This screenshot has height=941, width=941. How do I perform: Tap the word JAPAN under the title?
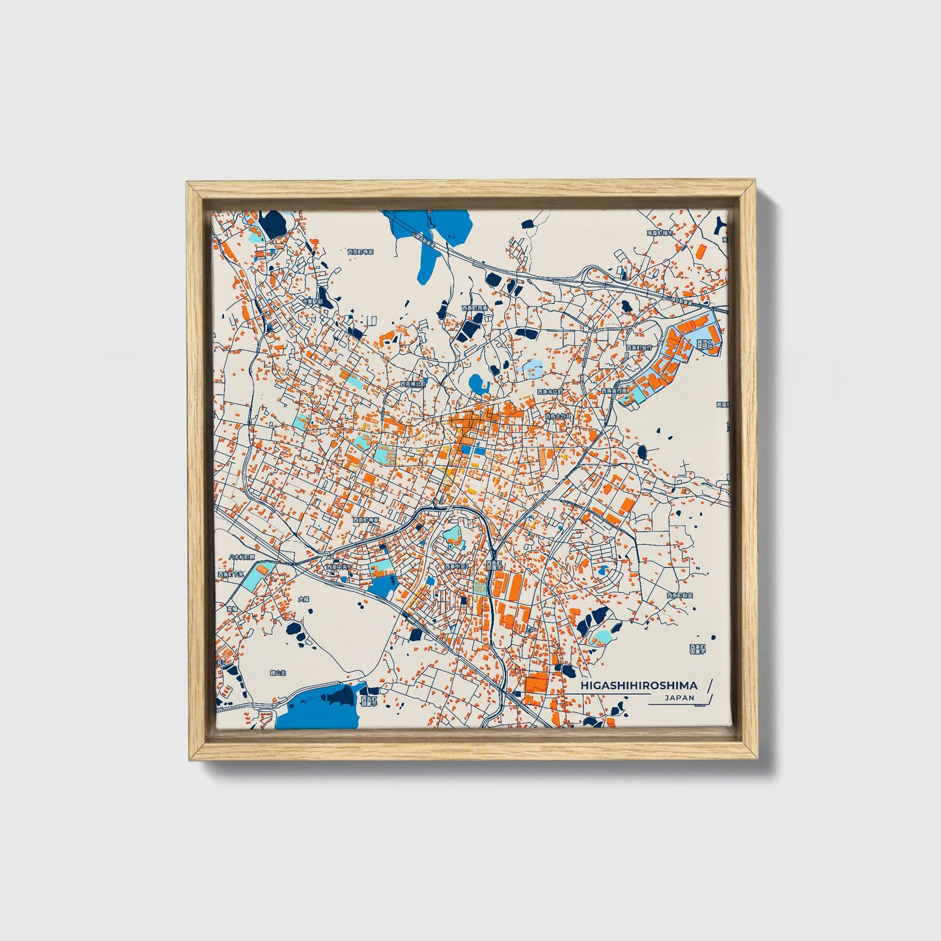click(x=679, y=697)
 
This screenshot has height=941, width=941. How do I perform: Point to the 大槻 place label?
click(x=303, y=598)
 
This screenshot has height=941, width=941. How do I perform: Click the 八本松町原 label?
click(x=242, y=558)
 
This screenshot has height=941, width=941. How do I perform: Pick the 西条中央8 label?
click(x=340, y=567)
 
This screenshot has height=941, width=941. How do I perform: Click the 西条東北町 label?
click(x=413, y=384)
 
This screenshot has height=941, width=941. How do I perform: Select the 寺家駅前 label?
click(x=313, y=302)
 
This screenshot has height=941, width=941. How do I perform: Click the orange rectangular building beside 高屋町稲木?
click(x=700, y=250)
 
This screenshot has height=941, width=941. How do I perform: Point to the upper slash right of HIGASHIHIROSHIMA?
click(x=709, y=685)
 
